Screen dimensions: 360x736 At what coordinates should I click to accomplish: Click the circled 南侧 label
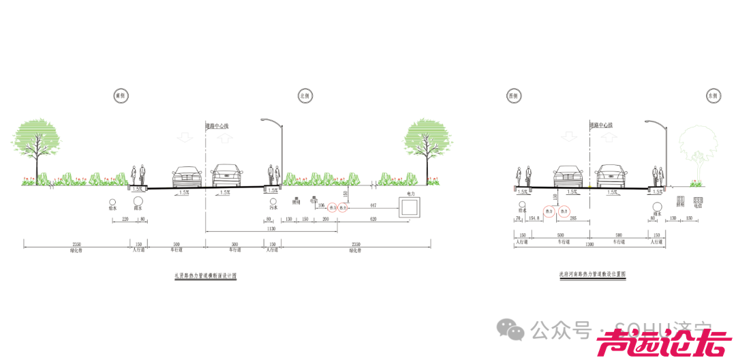pos(121,96)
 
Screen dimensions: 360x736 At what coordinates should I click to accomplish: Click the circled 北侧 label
pos(305,96)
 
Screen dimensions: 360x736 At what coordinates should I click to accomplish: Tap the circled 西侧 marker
pos(512,96)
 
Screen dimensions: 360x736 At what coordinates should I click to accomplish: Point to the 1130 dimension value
pos(271,230)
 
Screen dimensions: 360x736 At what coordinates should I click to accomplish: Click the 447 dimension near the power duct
pos(373,205)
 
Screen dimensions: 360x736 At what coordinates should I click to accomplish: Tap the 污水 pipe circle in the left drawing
pos(273,203)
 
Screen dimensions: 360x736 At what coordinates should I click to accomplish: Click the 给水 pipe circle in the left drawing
pos(112,202)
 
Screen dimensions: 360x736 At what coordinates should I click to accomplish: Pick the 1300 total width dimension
pos(589,243)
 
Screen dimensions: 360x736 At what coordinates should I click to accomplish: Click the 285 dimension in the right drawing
pos(574,219)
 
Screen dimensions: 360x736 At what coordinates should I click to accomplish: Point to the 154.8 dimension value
pos(534,219)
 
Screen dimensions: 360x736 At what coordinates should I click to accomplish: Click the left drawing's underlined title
pos(205,276)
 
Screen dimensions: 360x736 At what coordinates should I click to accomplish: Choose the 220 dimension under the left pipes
pos(125,220)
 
